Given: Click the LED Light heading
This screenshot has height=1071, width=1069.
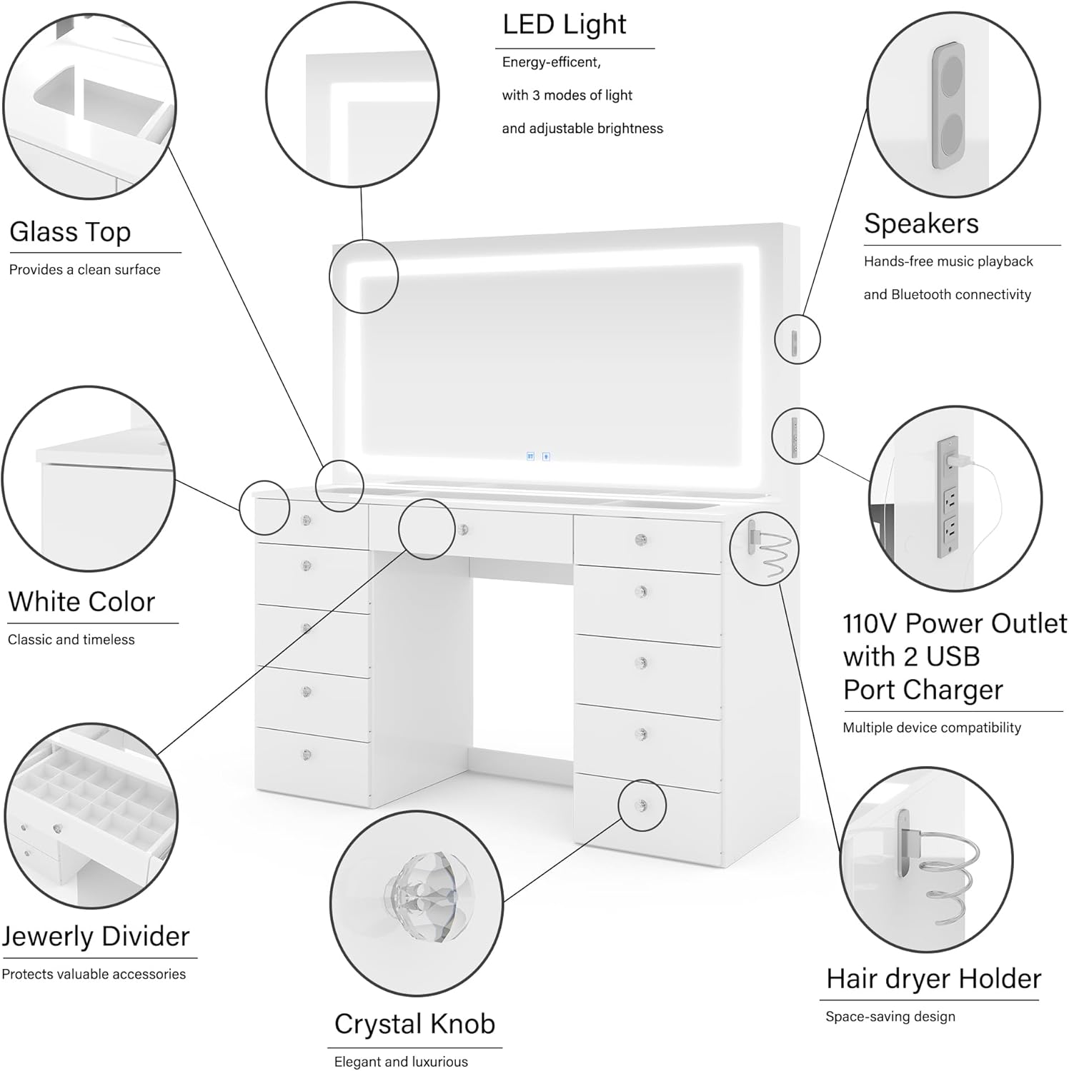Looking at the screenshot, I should coord(564,25).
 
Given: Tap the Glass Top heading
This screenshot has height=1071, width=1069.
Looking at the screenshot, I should coord(70,232).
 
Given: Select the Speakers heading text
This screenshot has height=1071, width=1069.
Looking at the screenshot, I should coord(921,223).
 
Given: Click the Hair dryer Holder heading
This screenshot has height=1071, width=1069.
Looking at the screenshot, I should coord(933,978).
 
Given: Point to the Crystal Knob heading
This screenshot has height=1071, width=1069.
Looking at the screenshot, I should coord(414,1024).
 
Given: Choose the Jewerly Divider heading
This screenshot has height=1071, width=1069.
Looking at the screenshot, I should coord(96,936).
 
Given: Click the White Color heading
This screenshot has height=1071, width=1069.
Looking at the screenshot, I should coord(81,602).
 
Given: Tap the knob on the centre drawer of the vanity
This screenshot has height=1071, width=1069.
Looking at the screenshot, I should coord(464,529).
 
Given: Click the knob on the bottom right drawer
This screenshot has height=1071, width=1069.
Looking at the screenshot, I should coord(642,805).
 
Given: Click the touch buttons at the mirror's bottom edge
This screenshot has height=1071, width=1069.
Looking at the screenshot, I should coord(538,456).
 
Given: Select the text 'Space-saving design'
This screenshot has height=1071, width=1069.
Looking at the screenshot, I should coord(890,1017).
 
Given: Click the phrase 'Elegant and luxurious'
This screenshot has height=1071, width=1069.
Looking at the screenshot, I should coord(401,1062).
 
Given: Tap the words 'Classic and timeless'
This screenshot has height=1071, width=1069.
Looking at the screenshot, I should coord(71,640).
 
